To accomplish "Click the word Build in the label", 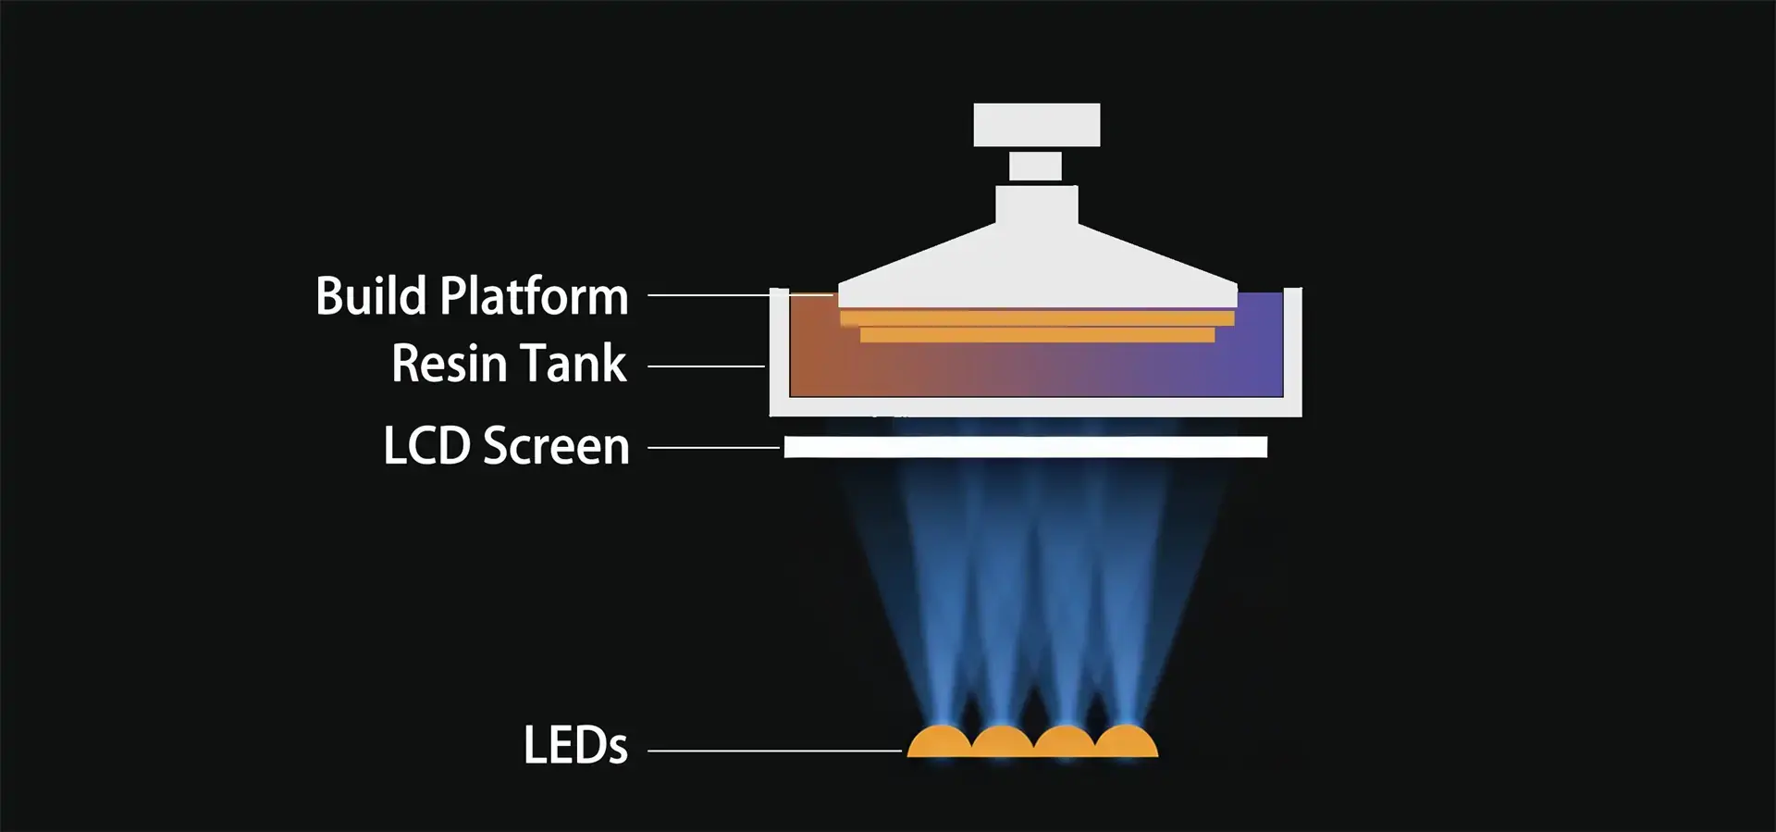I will pyautogui.click(x=373, y=297).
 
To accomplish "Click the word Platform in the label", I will pyautogui.click(x=534, y=298).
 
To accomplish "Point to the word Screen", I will pyautogui.click(x=556, y=447).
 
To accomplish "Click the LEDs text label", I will pyautogui.click(x=575, y=746).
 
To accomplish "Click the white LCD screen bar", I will pyautogui.click(x=1025, y=448).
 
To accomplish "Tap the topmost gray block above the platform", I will pyautogui.click(x=1036, y=125).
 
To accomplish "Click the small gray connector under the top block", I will pyautogui.click(x=1035, y=167).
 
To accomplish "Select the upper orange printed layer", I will pyautogui.click(x=1036, y=319).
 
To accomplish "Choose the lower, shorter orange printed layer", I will pyautogui.click(x=1036, y=335).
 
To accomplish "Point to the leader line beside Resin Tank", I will pyautogui.click(x=706, y=366).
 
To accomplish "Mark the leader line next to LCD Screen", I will pyautogui.click(x=713, y=448).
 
